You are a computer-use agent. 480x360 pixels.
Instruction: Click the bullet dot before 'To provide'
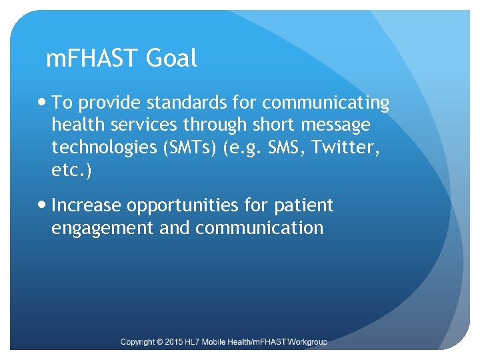tap(43, 103)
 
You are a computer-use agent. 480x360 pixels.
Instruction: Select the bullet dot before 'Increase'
tap(43, 205)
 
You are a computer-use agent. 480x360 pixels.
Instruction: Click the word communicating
tap(325, 103)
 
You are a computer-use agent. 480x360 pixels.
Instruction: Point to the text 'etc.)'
tap(73, 170)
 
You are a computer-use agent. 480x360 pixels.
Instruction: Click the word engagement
tap(104, 228)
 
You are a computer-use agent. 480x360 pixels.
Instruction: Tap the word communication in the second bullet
tap(259, 227)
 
